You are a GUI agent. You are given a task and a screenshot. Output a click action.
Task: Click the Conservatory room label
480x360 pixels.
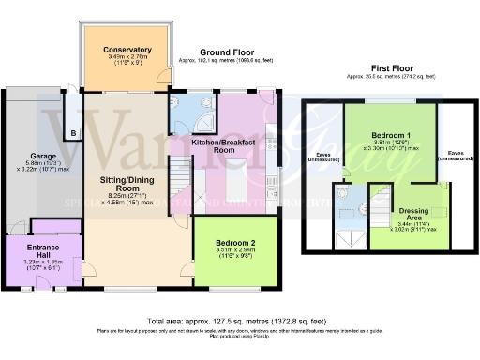point(128,49)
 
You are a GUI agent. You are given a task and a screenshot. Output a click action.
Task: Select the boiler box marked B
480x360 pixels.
point(73,132)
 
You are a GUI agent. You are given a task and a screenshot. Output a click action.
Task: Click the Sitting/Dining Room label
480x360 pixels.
point(127,184)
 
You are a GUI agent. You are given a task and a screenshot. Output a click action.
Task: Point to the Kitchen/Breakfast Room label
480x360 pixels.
point(223,144)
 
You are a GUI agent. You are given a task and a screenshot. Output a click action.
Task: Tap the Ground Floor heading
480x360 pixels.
point(228,53)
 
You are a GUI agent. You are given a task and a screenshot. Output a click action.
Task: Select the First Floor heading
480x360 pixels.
point(392,68)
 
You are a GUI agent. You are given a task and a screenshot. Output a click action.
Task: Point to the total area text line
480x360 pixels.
point(240,317)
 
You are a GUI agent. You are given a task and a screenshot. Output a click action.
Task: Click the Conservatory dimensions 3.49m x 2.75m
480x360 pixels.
point(128,59)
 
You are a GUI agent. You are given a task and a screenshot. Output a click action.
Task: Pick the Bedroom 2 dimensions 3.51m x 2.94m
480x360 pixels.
point(235,250)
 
